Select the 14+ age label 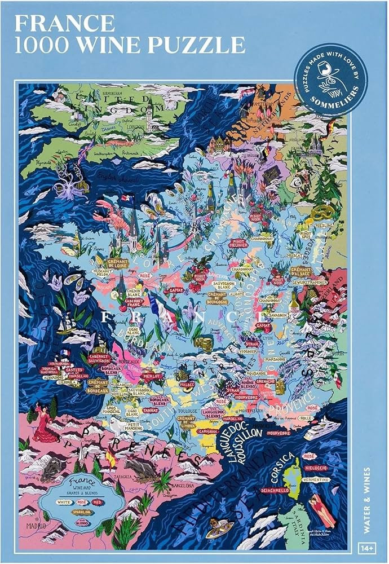click(x=367, y=548)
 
